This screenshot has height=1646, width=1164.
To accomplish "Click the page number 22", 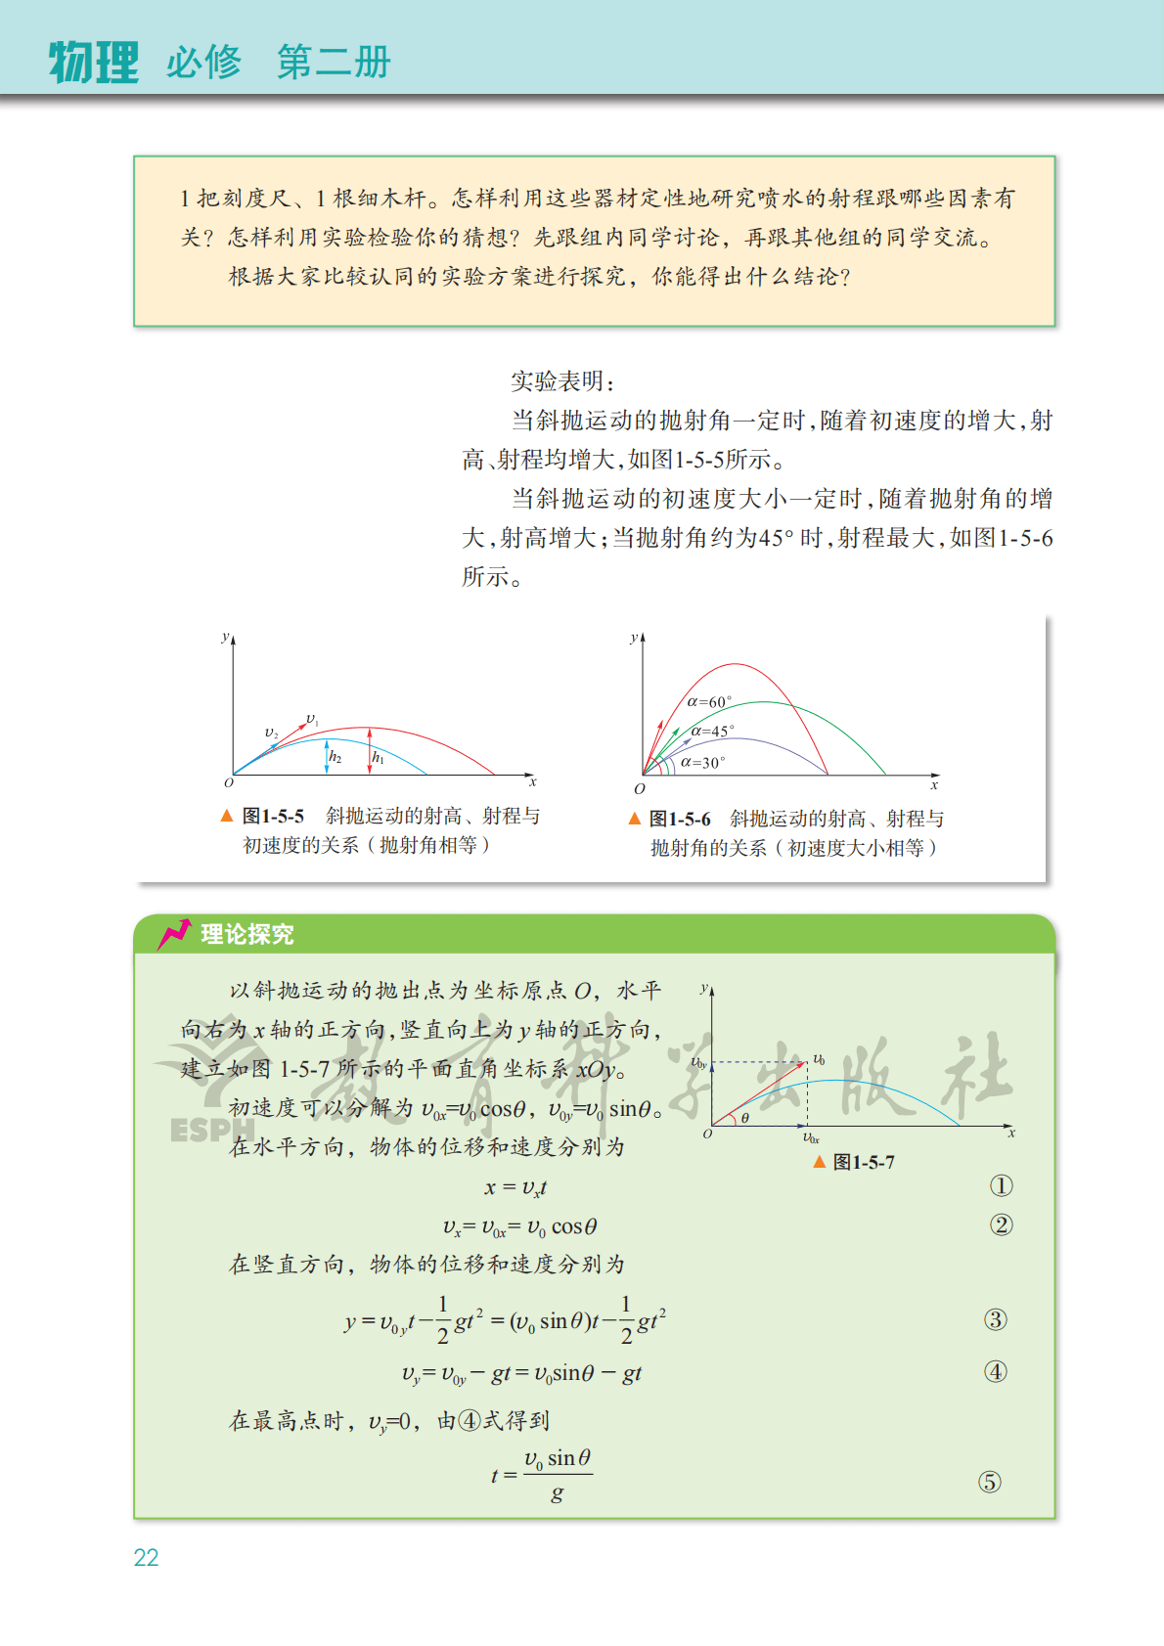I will tap(146, 1557).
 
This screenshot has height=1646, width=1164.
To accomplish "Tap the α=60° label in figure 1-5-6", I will tap(709, 701).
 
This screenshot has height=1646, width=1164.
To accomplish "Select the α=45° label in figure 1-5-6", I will tap(712, 731).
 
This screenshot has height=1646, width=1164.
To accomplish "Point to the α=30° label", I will tap(702, 762).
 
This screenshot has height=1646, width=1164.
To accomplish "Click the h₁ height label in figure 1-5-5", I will tap(378, 758).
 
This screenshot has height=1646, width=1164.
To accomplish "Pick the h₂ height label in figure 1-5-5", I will tap(335, 756).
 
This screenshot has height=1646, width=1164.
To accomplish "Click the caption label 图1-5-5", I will tap(273, 816).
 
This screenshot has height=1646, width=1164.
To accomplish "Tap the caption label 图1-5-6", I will tap(680, 819).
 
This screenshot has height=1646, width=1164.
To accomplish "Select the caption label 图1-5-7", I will tap(863, 1162).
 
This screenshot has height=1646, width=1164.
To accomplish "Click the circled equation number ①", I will tap(1001, 1186).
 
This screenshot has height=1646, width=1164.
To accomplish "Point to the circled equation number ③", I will tap(995, 1320).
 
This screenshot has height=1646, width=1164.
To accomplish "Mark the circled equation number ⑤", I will tap(990, 1482).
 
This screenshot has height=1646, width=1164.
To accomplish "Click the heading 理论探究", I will tap(246, 934).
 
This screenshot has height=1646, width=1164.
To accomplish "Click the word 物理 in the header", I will tap(94, 63).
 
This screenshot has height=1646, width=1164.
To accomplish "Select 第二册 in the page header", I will tap(334, 63).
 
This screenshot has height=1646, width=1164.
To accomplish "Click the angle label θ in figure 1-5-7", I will tap(744, 1118).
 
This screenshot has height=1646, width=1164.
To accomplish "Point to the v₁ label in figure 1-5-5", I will tap(312, 720).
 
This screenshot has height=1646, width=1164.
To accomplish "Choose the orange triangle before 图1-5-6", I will tap(635, 819).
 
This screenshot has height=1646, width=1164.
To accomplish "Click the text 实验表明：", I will tap(562, 381).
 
